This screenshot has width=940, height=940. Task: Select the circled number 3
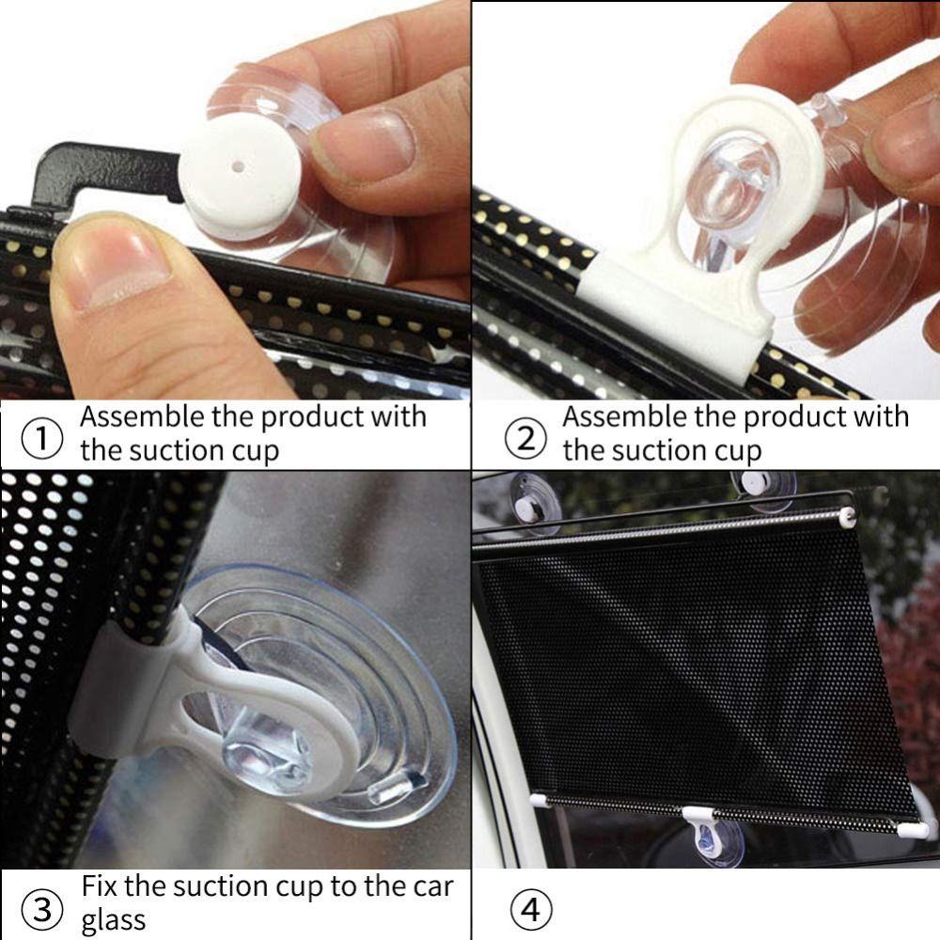point(41,909)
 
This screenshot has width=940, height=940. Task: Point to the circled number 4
point(528,909)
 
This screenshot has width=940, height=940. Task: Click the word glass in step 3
point(114,920)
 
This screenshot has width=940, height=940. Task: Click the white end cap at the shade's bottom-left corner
point(540,798)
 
